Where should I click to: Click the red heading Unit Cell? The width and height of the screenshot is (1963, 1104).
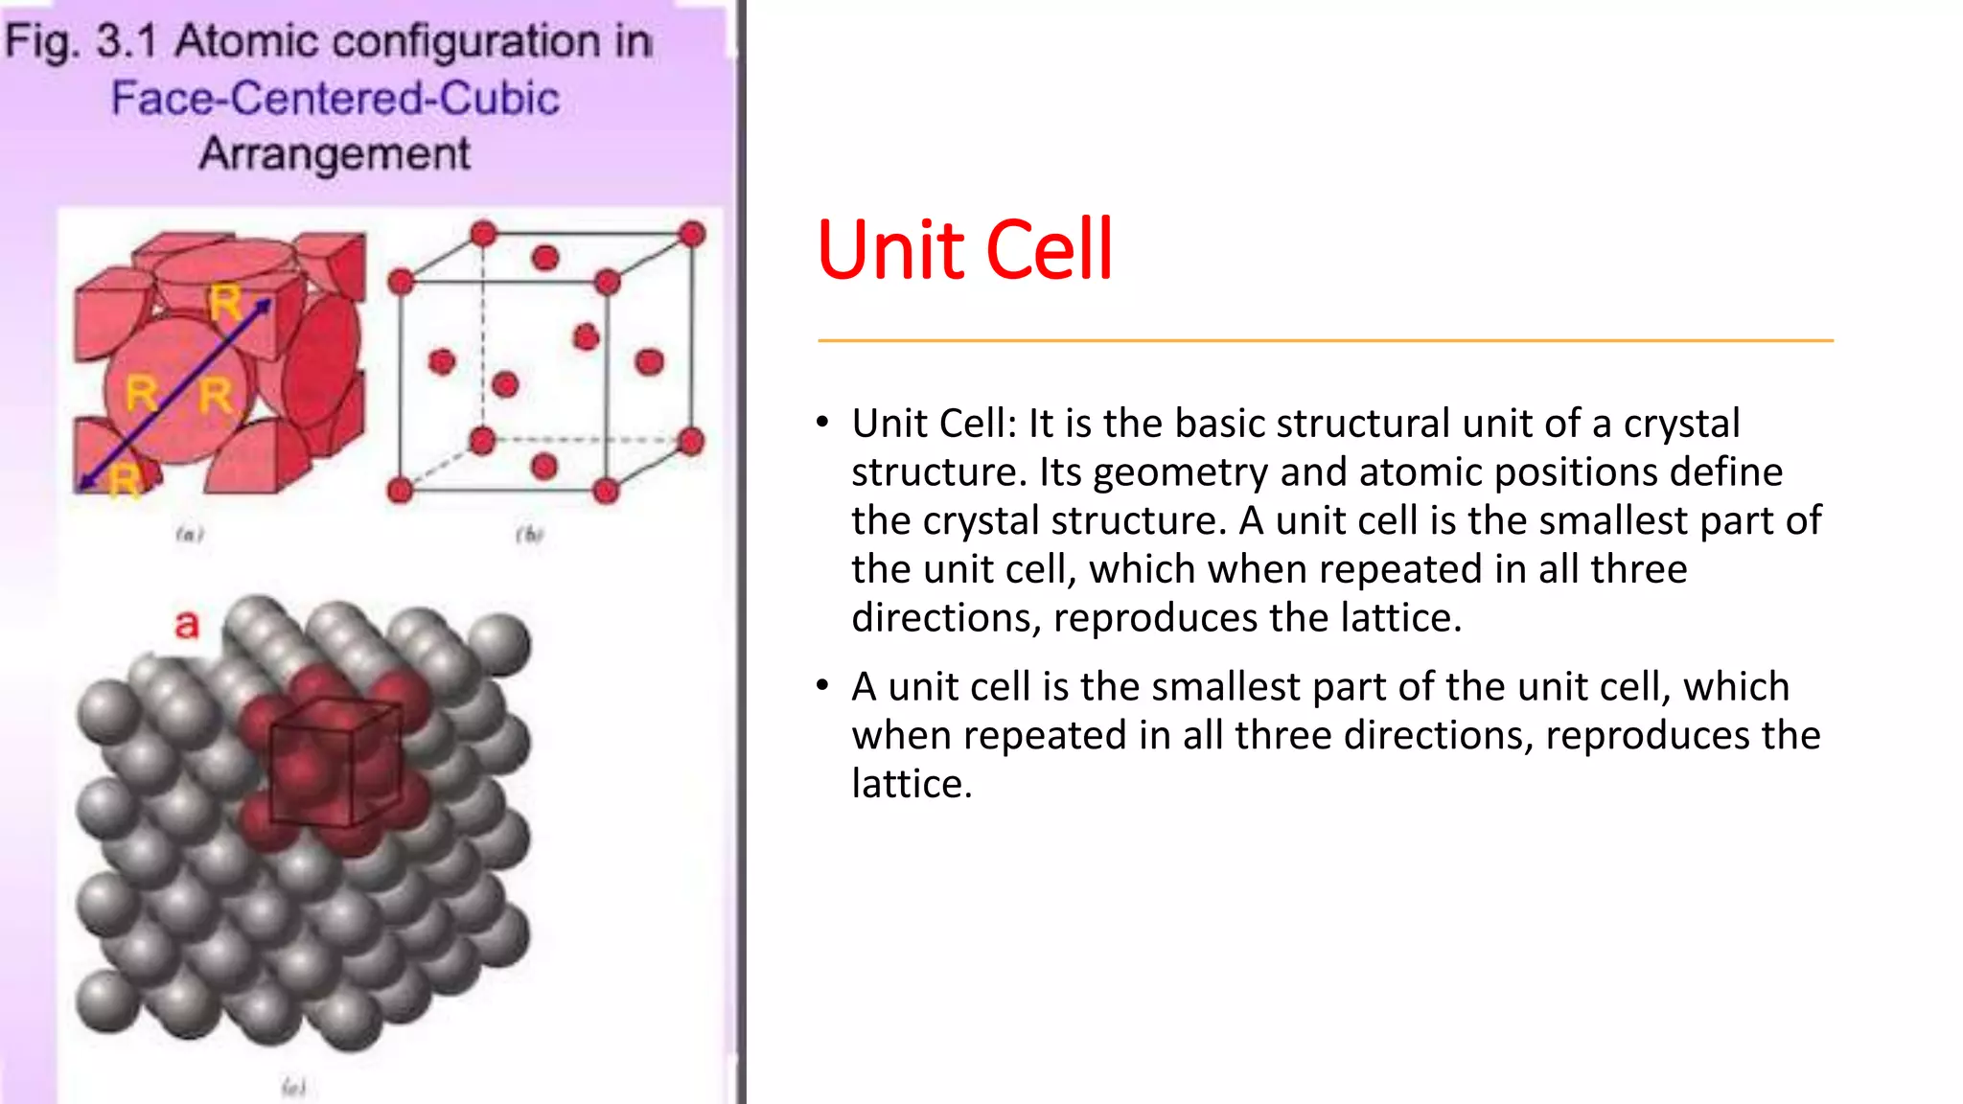963,250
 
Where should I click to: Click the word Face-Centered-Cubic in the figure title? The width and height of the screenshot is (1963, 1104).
335,99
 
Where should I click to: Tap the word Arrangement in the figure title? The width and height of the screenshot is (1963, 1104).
335,154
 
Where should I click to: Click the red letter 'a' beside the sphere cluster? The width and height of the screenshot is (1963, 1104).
187,624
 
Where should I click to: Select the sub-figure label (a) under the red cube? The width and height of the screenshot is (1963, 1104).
190,534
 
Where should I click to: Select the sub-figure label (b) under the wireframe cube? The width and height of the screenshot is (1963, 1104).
529,534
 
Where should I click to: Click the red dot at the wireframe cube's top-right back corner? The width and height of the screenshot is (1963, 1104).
691,234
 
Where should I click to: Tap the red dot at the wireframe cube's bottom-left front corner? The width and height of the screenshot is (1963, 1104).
400,491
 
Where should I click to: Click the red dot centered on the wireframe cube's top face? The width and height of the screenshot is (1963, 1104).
544,257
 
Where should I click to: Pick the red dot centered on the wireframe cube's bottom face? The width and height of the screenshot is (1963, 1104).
543,467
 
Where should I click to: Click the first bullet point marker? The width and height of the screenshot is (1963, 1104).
822,423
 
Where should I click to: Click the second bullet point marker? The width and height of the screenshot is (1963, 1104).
822,686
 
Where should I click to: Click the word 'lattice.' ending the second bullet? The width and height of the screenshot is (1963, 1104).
912,784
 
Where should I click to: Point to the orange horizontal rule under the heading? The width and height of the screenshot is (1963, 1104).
1325,340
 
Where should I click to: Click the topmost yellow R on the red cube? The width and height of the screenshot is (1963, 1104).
225,303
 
